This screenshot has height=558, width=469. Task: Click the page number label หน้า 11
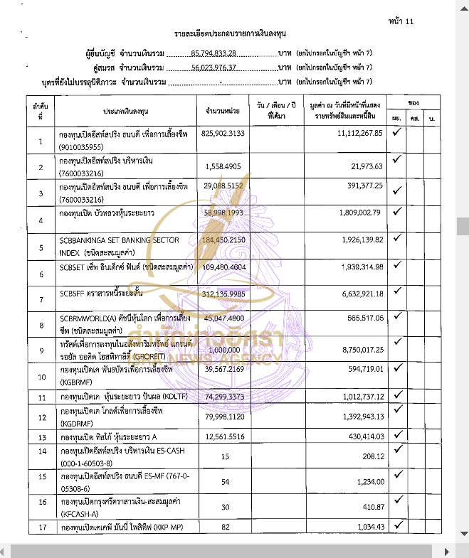point(401,21)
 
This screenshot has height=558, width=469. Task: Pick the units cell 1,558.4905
point(223,166)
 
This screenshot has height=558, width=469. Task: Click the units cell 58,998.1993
point(223,213)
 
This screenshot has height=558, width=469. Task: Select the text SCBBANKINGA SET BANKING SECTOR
point(119,240)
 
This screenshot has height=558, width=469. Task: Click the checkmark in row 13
point(397,434)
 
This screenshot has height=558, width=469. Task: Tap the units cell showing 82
point(223,527)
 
